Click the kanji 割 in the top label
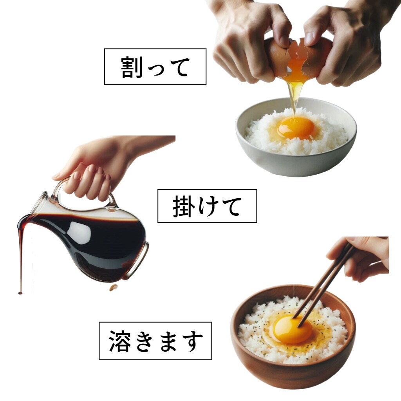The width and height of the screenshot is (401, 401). [x=132, y=67]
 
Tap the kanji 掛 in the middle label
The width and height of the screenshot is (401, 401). [x=182, y=206]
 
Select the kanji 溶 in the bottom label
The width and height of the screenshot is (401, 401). [x=120, y=341]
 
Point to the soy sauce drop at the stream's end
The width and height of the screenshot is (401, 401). [x=20, y=293]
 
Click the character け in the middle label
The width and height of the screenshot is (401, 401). [x=206, y=206]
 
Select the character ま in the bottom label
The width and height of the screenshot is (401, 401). [x=169, y=341]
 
